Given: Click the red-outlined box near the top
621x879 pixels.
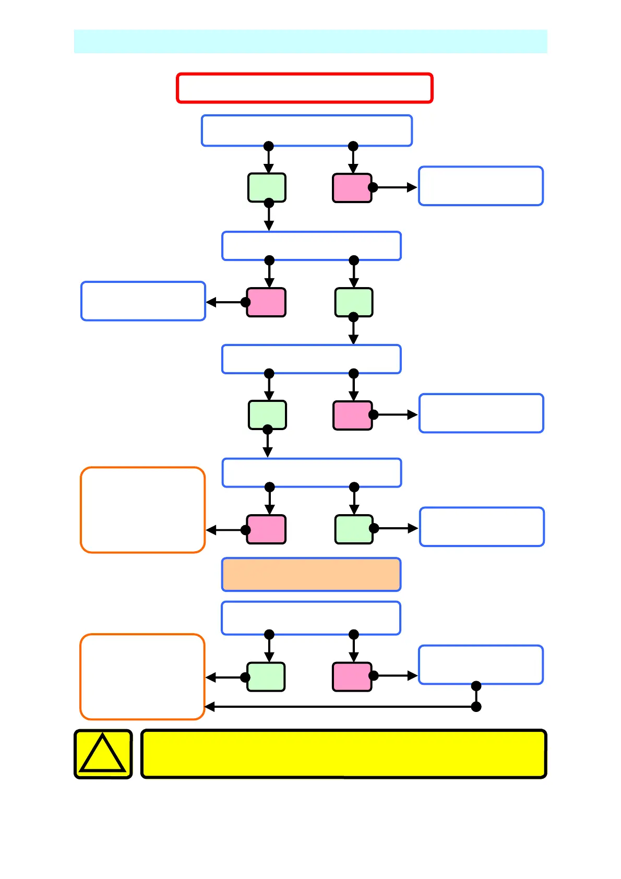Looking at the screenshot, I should point(305,88).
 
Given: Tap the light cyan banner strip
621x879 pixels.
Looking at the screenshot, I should point(310,41).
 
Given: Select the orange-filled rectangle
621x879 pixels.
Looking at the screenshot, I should point(311,574).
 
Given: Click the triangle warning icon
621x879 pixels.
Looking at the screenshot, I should point(103,754).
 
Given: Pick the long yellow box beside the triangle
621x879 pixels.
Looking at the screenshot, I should point(343,754).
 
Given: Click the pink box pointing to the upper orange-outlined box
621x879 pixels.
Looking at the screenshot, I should point(266,529).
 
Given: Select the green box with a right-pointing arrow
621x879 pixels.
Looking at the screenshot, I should point(354,529).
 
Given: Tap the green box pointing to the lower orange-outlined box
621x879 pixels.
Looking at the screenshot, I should point(266,677).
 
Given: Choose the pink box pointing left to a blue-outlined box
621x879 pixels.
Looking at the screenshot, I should point(266,302).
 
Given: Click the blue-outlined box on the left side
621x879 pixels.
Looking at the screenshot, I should point(143,301).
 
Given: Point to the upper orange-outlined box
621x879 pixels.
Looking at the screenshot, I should point(142,509).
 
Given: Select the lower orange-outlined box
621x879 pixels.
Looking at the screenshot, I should point(142,676).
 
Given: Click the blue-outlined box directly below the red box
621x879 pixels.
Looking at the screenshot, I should point(307,130).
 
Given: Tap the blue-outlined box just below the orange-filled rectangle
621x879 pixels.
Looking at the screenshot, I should point(311,618).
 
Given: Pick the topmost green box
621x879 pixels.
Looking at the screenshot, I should point(267,187).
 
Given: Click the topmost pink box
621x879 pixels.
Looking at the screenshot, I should point(352,188).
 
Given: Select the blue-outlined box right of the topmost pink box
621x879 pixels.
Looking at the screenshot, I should point(481,186).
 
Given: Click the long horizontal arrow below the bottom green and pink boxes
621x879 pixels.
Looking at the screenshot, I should point(339,707).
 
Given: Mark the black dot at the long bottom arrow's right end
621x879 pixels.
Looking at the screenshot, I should point(476,707).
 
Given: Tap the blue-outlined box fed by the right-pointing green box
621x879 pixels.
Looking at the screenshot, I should point(482,527).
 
